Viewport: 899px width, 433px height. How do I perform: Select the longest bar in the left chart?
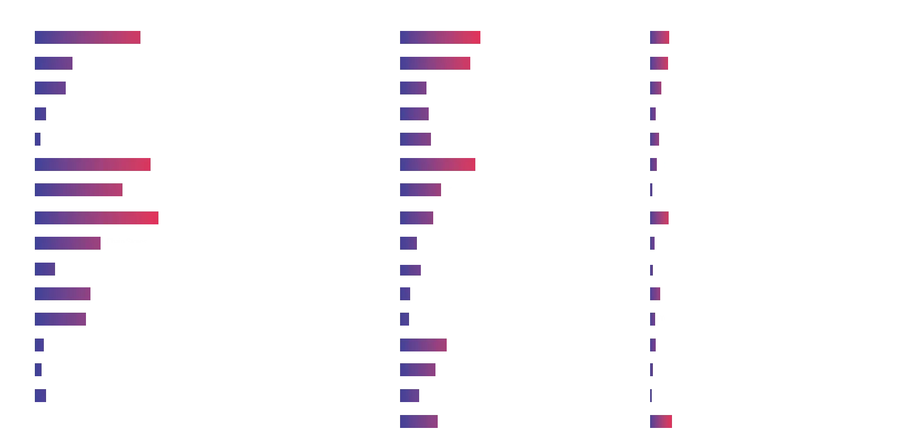(x=97, y=216)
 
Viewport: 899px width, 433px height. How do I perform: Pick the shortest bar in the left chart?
(x=37, y=139)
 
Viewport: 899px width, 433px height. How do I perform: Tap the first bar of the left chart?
(x=88, y=37)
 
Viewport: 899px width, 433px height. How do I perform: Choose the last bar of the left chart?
(x=40, y=396)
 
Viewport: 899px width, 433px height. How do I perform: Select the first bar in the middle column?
(x=441, y=37)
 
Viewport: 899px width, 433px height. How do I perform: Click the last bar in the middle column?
(x=420, y=422)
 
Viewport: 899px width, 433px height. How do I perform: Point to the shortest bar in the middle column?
(x=405, y=319)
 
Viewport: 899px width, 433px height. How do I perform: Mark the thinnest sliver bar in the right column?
(x=650, y=396)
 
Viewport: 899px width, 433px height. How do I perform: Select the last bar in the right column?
(x=661, y=422)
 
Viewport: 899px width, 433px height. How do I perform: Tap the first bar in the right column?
(x=659, y=37)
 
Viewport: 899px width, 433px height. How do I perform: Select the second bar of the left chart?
(x=54, y=63)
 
